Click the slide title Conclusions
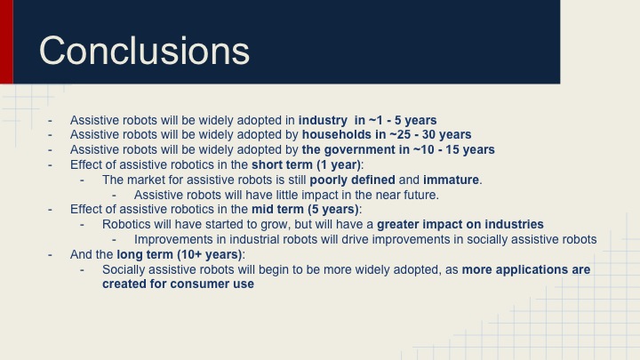click(x=145, y=50)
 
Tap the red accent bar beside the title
click(x=6, y=42)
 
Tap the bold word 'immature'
click(x=453, y=180)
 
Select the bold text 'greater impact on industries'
click(x=460, y=224)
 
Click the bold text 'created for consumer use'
click(x=178, y=284)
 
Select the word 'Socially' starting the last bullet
click(x=126, y=269)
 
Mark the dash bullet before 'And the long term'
click(x=52, y=254)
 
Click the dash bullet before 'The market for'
click(x=83, y=180)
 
